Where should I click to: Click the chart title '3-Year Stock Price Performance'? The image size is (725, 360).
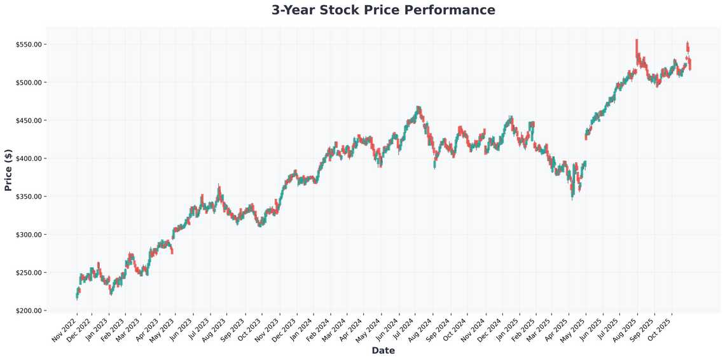coord(383,10)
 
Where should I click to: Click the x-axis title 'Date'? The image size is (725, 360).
coord(383,351)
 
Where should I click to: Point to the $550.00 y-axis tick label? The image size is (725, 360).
coord(29,45)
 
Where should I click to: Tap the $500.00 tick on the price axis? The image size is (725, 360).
coord(29,83)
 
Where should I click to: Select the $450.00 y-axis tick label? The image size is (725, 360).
coord(29,121)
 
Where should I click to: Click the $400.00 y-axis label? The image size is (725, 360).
coord(29,158)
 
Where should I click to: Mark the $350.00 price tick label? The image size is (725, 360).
coord(29,197)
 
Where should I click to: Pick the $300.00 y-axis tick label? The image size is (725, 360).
coord(29,235)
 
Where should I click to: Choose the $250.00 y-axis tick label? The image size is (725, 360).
coord(29,273)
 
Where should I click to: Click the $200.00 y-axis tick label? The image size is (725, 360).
coord(29,311)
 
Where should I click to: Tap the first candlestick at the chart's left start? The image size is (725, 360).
coord(77,294)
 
